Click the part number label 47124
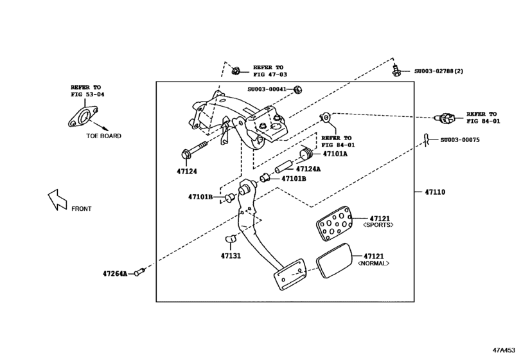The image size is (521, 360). click(187, 172)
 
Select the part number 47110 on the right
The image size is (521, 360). click(435, 192)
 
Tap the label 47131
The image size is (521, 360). click(231, 255)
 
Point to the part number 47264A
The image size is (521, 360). click(116, 274)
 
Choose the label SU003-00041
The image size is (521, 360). click(268, 90)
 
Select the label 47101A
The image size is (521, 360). click(335, 154)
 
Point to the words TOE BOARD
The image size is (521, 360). click(103, 136)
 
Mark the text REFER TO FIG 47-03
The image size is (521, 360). click(269, 71)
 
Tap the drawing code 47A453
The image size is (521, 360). click(504, 351)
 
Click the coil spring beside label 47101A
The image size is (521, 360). click(307, 154)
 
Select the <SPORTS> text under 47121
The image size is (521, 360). click(378, 226)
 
